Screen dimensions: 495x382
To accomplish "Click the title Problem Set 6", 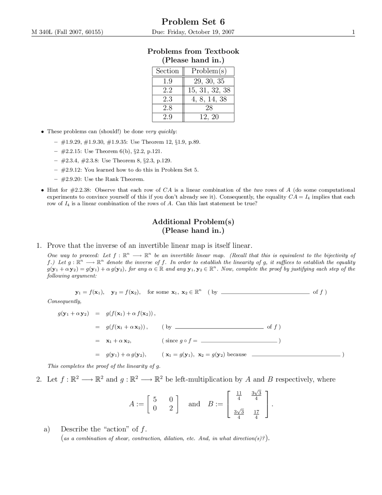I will point(193,22).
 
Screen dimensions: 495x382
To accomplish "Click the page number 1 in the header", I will point(353,32).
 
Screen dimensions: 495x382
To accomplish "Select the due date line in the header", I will point(193,32).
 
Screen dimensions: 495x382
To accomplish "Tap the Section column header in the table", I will point(167,71).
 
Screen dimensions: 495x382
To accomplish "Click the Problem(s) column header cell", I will point(209,71).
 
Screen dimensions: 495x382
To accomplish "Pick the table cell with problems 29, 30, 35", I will point(209,81).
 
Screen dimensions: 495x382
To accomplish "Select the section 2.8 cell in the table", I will point(167,108).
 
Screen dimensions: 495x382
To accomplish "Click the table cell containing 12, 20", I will point(209,117).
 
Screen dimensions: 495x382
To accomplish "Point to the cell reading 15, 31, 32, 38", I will point(209,90).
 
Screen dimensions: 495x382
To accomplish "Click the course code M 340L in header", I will point(42,32).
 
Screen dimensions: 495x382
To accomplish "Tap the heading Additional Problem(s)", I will point(193,222).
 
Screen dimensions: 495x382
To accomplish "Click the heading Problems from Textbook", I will point(193,51).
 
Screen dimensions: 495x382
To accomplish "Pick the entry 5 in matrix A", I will point(155,399).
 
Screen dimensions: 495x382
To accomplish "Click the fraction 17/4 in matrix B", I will point(256,414).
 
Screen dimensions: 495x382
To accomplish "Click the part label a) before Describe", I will point(47,429).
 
